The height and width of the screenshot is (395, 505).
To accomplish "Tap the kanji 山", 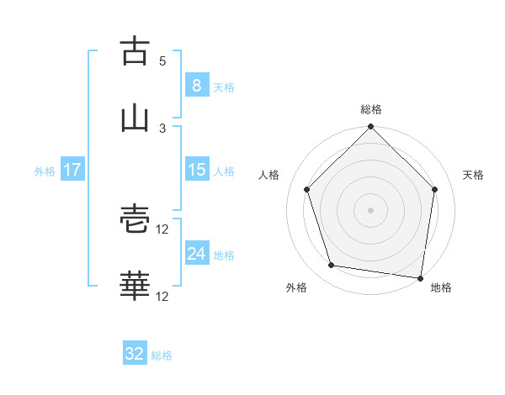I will [135, 118].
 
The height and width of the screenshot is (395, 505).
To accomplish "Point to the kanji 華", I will [135, 287].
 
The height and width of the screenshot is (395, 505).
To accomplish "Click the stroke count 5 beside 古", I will [162, 61].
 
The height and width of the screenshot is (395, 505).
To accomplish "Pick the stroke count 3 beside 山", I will [162, 128].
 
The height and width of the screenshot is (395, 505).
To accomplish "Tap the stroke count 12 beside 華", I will [162, 296].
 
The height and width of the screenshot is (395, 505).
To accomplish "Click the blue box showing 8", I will [196, 85].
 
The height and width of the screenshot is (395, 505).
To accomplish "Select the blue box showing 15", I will [196, 170].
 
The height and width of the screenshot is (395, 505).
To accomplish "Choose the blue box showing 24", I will [196, 254].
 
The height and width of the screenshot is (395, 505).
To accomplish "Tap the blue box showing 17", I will [72, 170].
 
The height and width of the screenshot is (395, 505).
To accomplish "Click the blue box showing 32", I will [135, 354].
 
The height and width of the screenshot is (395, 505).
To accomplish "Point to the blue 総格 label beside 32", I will [162, 355].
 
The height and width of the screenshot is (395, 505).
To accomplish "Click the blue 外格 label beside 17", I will [45, 171].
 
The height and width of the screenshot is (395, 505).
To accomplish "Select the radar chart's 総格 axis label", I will [371, 109].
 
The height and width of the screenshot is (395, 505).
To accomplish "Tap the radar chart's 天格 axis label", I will [474, 175].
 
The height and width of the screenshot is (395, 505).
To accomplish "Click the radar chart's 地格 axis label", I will [441, 287].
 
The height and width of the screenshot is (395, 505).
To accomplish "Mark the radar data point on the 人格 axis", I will [307, 189].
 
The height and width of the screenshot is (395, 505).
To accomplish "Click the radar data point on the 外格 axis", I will [332, 266].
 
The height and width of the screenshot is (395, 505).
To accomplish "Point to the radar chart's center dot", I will [371, 209].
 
